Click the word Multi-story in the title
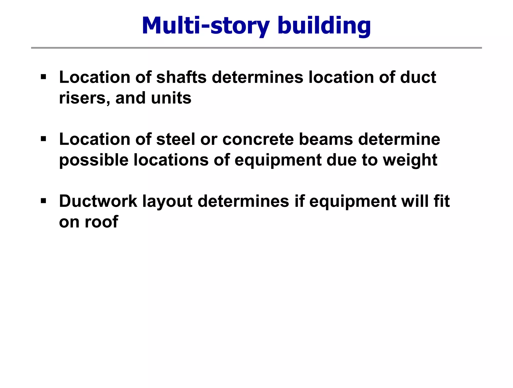point(205,25)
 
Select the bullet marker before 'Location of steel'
point(43,138)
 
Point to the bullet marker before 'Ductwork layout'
point(43,200)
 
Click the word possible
point(94,160)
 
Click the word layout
point(167,201)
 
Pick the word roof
point(101,222)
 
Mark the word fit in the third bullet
point(442,201)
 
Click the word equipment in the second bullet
point(278,160)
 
